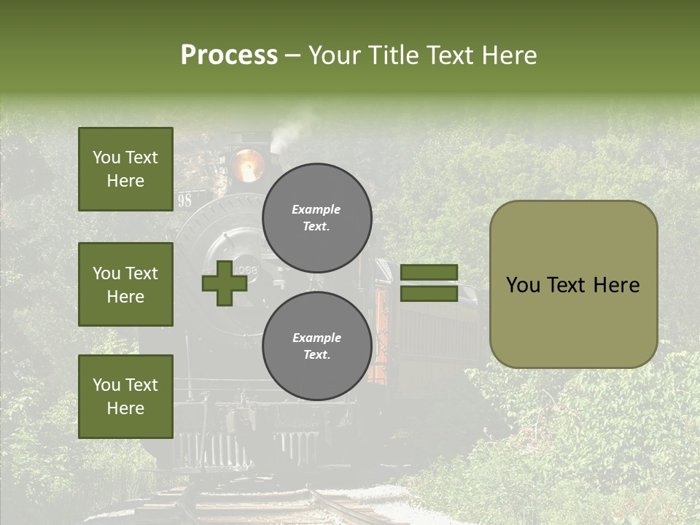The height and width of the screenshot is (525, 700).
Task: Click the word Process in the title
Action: [x=229, y=55]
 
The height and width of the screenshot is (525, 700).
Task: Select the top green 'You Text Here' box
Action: [x=125, y=169]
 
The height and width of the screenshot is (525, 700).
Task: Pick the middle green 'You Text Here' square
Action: [x=125, y=284]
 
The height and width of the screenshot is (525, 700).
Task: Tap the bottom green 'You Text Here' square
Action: [x=125, y=397]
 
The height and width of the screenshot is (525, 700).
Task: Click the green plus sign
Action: [x=224, y=283]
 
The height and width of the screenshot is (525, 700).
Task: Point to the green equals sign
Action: [x=429, y=283]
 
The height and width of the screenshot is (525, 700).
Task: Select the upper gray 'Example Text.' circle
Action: [x=316, y=217]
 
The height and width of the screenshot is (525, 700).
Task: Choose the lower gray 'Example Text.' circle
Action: [x=316, y=346]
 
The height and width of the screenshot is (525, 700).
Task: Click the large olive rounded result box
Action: [x=573, y=284]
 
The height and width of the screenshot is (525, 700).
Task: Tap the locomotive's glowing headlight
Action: [x=247, y=164]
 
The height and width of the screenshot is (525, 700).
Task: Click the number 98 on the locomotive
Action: [x=184, y=201]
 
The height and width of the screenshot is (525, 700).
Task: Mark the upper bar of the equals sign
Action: [x=429, y=273]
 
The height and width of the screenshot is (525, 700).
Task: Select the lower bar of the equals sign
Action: [x=429, y=293]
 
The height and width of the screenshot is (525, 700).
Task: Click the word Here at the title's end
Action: [x=507, y=55]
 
